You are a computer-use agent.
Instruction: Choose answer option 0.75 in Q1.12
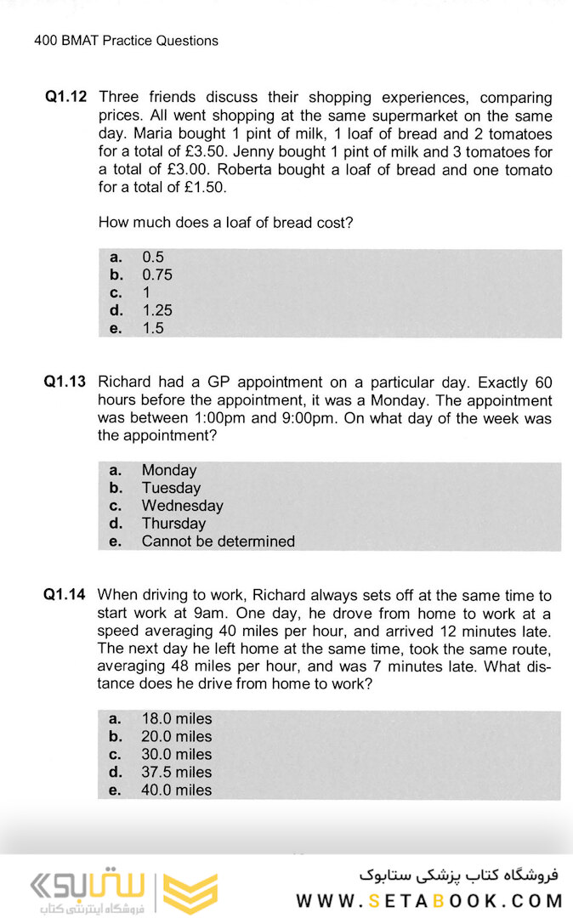click(x=157, y=275)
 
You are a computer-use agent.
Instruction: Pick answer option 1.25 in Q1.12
click(x=157, y=310)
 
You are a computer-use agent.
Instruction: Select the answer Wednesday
click(x=182, y=506)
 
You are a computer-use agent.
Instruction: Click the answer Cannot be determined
click(x=218, y=541)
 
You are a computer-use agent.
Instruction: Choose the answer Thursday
click(x=173, y=524)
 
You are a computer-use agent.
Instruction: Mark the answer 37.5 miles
click(x=177, y=772)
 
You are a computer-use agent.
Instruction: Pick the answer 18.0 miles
click(x=177, y=718)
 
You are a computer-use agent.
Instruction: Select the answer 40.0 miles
click(x=177, y=790)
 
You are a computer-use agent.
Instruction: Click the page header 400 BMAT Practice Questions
click(x=126, y=40)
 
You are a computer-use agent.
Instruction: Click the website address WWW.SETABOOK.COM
click(x=429, y=901)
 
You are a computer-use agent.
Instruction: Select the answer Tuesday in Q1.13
click(x=171, y=488)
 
